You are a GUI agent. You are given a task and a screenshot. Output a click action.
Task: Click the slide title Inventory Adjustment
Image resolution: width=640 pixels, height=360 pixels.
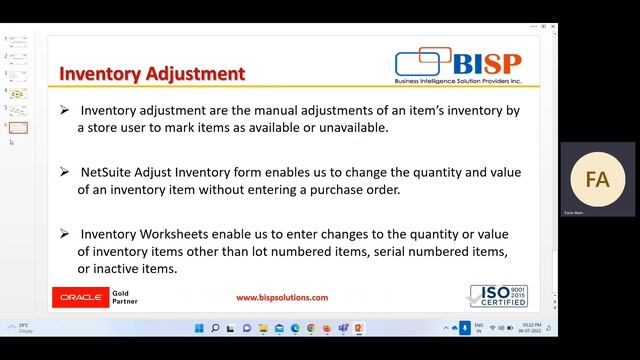coord(152,73)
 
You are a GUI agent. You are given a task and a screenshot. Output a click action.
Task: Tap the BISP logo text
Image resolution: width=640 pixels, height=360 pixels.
coord(487,62)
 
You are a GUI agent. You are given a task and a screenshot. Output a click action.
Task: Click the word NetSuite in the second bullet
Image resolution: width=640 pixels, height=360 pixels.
coord(112,171)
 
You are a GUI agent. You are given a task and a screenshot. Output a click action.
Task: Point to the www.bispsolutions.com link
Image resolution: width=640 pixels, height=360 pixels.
coord(281,297)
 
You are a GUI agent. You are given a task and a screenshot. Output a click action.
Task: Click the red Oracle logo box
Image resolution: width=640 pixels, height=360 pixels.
coord(79,297)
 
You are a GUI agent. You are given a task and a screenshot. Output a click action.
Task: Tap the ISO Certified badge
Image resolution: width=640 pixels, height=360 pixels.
coord(498,296)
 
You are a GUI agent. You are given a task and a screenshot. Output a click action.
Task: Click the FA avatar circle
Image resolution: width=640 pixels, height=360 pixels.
coord(597,180)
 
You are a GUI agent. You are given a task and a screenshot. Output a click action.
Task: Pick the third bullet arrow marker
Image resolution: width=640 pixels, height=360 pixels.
coord(64,233)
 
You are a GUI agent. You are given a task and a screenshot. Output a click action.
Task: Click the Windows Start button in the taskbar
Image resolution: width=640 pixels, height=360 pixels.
coord(198,328)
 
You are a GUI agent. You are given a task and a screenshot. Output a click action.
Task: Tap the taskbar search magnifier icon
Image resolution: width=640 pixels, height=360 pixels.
coord(215,328)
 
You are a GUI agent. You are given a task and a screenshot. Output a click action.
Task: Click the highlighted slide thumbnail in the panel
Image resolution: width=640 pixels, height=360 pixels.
coord(18,127)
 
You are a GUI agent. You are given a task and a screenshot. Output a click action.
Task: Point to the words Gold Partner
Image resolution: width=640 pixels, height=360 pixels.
coord(126,297)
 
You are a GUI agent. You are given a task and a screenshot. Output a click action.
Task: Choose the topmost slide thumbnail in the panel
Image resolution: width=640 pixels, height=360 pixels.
coord(18,42)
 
